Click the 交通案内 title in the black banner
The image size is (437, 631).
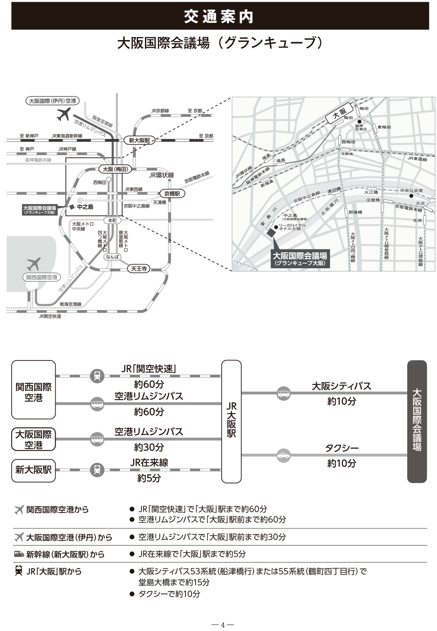(x=218, y=16)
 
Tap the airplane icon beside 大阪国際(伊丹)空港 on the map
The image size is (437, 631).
(x=63, y=114)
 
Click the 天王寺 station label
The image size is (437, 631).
(x=139, y=269)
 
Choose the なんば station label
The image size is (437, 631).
(x=112, y=257)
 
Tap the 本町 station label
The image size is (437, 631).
(x=112, y=220)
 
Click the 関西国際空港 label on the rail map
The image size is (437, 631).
(x=41, y=277)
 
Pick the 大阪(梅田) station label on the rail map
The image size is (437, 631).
(x=114, y=169)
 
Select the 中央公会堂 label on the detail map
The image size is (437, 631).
(x=411, y=190)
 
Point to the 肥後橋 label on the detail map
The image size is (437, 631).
(x=355, y=212)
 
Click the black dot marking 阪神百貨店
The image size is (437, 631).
(x=359, y=121)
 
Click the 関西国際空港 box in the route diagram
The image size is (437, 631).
(x=34, y=390)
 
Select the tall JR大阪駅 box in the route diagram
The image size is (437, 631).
(x=231, y=421)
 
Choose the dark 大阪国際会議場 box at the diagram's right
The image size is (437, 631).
(x=417, y=421)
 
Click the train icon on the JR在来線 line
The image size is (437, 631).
(x=97, y=469)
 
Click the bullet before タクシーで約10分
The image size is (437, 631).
(x=132, y=594)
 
